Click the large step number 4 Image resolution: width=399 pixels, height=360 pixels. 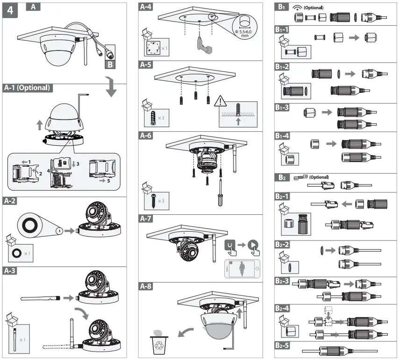click(x=10, y=11)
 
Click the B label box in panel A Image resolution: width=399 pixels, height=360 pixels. click(x=110, y=64)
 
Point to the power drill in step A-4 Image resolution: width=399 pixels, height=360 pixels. click(x=202, y=45)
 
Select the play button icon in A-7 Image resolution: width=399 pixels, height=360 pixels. click(x=253, y=244)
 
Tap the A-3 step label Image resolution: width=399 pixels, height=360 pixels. click(x=11, y=270)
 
